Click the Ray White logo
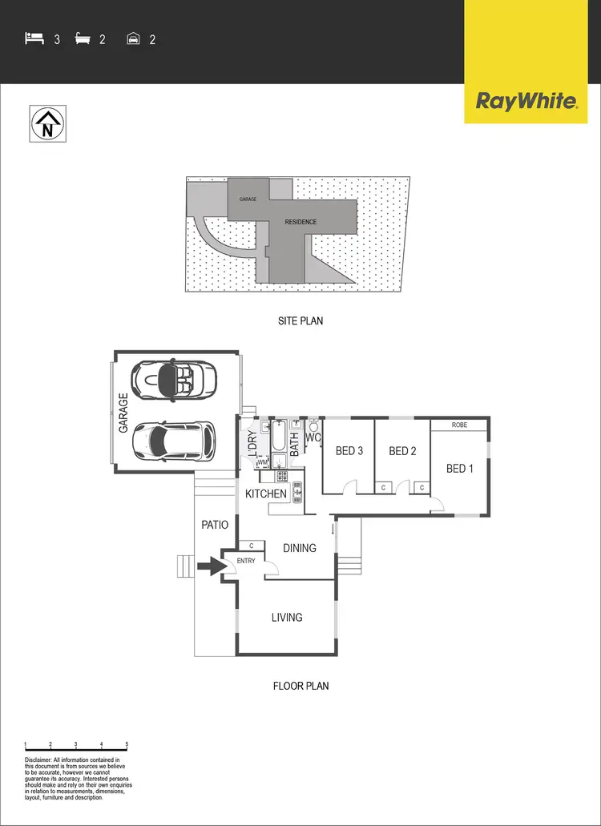tap(526, 101)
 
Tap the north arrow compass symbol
tap(48, 124)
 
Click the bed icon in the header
tap(34, 38)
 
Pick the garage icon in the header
tap(134, 38)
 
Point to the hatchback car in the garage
tap(174, 439)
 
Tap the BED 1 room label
tap(460, 468)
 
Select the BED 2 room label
tap(402, 451)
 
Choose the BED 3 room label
tap(349, 451)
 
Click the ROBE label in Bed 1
tap(459, 425)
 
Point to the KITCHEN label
tap(266, 494)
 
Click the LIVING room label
tap(286, 617)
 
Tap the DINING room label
tap(300, 548)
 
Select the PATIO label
tap(215, 525)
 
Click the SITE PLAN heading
tap(300, 320)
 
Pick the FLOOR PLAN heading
tap(300, 686)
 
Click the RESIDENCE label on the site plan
tap(300, 222)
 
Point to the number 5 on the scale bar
tap(127, 745)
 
